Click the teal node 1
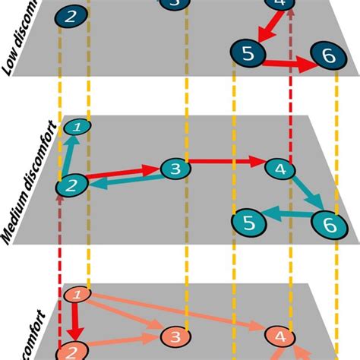click(x=76, y=127)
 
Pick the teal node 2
click(x=72, y=184)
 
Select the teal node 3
click(x=174, y=169)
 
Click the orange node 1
click(x=77, y=294)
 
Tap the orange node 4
click(x=279, y=336)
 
